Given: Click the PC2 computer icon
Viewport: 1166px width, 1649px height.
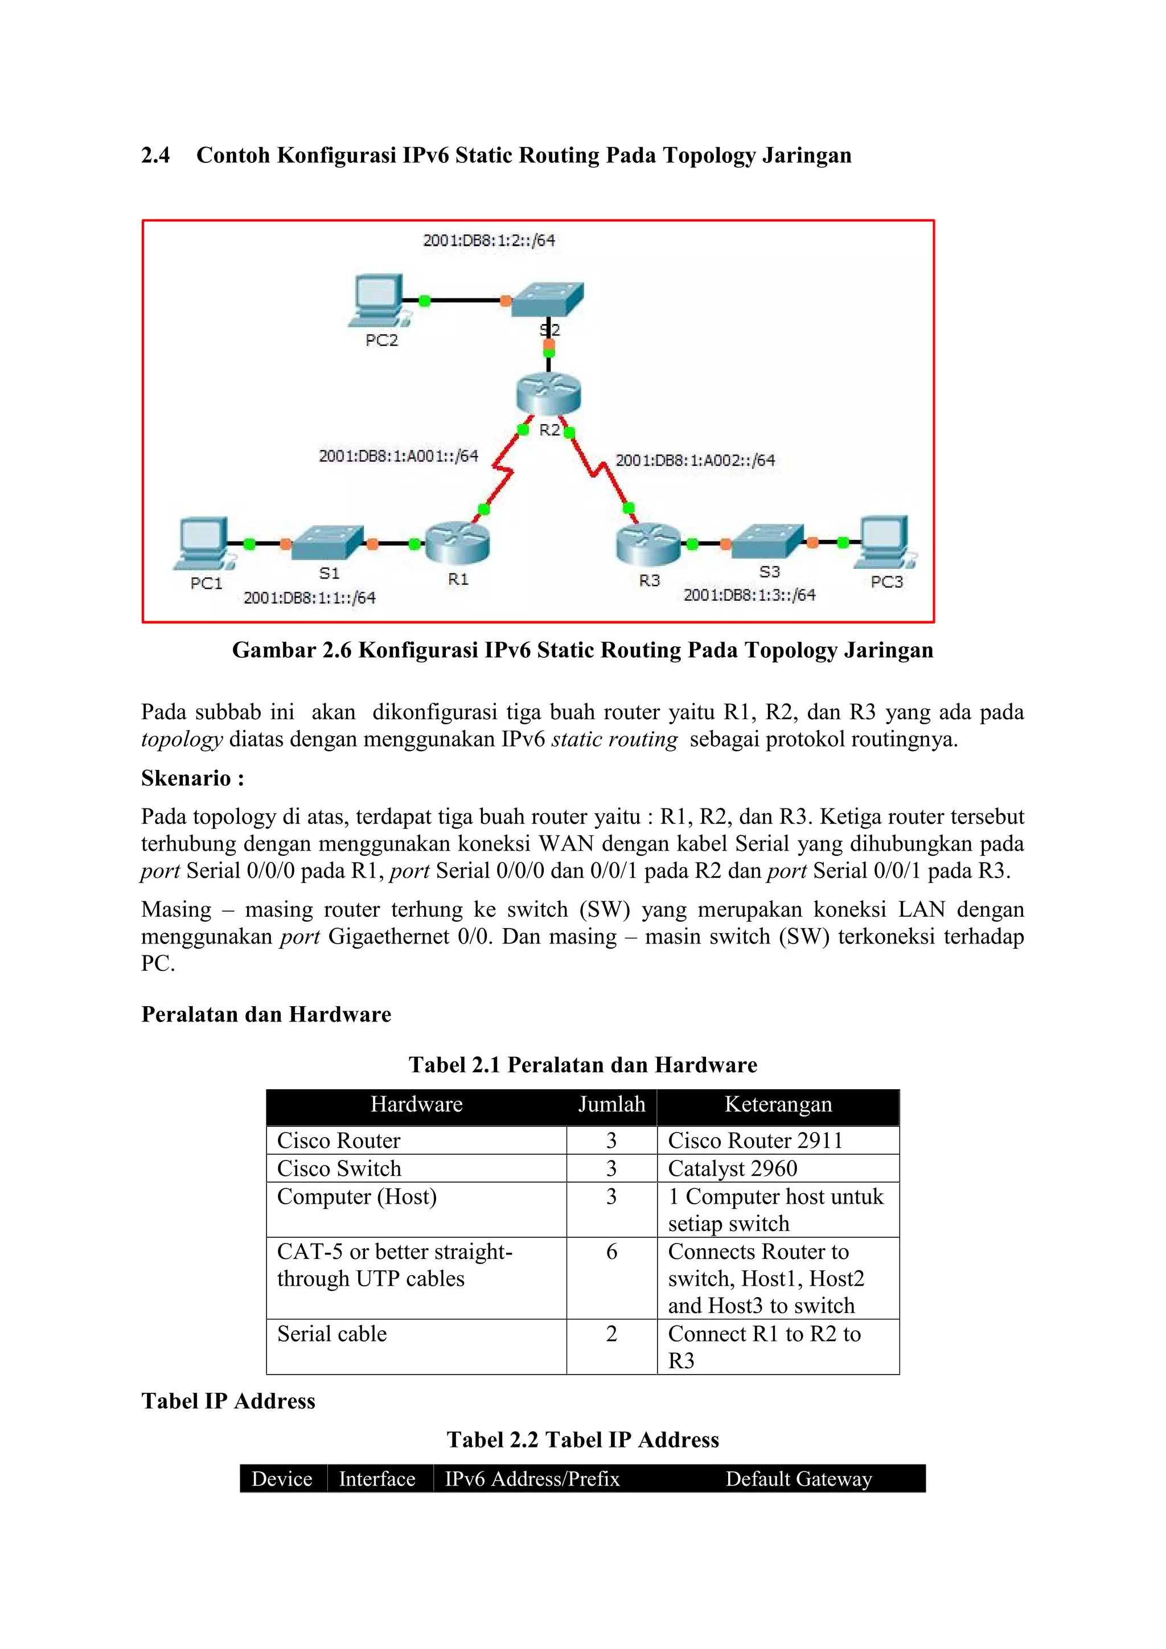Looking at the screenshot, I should pyautogui.click(x=379, y=300).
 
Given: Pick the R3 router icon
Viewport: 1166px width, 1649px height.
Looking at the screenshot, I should pyautogui.click(x=648, y=545).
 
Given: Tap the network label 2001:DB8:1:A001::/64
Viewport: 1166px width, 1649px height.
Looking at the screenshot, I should pyautogui.click(x=399, y=456).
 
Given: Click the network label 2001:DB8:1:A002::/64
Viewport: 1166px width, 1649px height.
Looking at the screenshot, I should pyautogui.click(x=695, y=461).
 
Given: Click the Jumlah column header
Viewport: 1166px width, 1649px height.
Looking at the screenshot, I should pyautogui.click(x=611, y=1104).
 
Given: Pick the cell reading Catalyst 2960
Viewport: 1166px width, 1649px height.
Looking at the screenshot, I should pyautogui.click(x=732, y=1168).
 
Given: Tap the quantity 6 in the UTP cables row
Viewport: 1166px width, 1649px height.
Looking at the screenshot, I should pyautogui.click(x=611, y=1252).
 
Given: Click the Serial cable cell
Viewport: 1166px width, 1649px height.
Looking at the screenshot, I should pyautogui.click(x=332, y=1334).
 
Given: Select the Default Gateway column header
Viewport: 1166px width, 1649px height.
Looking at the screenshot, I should pyautogui.click(x=798, y=1479).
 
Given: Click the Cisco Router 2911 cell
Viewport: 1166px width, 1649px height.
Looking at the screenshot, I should pyautogui.click(x=754, y=1141).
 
